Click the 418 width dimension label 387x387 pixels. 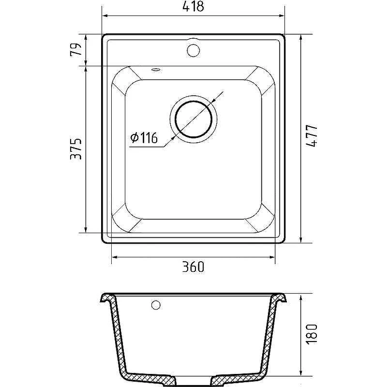click(x=193, y=6)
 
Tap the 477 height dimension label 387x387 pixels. click(x=312, y=136)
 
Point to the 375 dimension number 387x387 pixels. click(x=75, y=149)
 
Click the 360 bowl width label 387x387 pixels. click(x=193, y=267)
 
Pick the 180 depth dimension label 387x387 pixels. click(x=312, y=334)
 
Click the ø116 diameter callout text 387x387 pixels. click(x=144, y=138)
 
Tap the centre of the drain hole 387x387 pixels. click(x=193, y=119)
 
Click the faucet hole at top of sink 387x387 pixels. click(x=193, y=50)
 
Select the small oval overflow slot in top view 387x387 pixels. click(x=156, y=70)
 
